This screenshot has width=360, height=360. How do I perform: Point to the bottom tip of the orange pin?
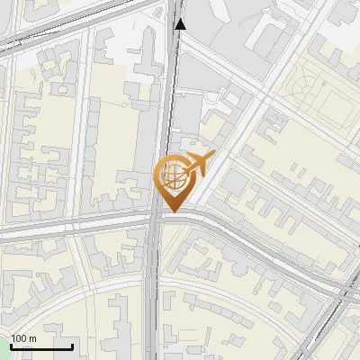(172, 212)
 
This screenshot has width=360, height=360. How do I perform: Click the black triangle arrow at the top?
(180, 24)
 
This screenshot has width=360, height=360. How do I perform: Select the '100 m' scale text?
(24, 337)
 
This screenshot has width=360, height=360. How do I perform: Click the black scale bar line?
(41, 346)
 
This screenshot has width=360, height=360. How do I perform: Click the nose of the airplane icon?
(211, 158)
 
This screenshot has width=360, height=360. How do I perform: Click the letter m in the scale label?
(32, 337)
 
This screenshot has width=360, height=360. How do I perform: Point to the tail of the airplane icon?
(183, 168)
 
